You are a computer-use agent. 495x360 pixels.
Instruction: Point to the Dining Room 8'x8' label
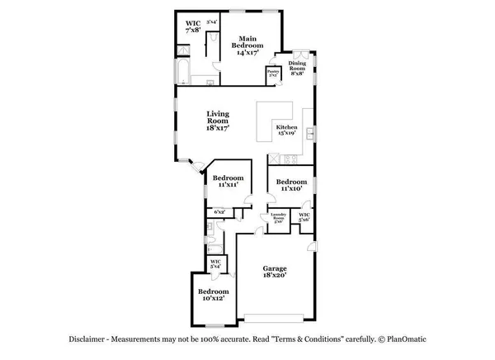pyautogui.click(x=297, y=69)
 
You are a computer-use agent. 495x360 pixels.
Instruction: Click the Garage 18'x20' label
pyautogui.click(x=275, y=272)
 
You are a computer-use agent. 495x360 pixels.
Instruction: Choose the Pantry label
pyautogui.click(x=271, y=73)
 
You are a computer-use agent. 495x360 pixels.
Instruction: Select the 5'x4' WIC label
pyautogui.click(x=215, y=263)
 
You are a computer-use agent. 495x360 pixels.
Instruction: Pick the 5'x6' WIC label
pyautogui.click(x=304, y=217)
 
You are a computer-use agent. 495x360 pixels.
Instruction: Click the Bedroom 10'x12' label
pyautogui.click(x=213, y=296)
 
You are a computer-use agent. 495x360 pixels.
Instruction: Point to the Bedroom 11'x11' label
pyautogui.click(x=228, y=182)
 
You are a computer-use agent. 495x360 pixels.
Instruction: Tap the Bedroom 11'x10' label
pyautogui.click(x=291, y=186)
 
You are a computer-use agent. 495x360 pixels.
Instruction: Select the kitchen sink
pyautogui.click(x=309, y=133)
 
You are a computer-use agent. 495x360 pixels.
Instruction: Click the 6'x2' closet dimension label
pyautogui.click(x=219, y=212)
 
